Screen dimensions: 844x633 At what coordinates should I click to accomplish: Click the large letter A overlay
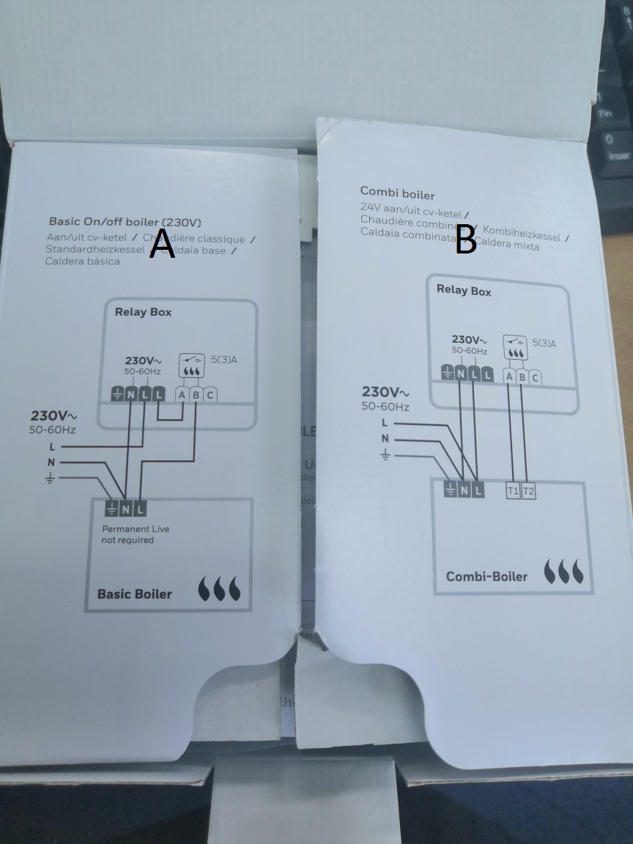click(x=162, y=244)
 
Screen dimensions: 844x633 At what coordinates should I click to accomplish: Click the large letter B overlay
click(x=466, y=240)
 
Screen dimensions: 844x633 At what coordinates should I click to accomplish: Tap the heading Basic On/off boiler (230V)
click(x=125, y=221)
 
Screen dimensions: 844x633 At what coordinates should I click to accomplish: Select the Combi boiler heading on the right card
click(x=397, y=195)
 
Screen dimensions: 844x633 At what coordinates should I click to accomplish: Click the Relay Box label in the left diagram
click(x=143, y=312)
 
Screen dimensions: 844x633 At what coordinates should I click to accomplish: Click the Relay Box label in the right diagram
click(x=464, y=290)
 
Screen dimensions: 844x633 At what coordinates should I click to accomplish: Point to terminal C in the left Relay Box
click(x=211, y=395)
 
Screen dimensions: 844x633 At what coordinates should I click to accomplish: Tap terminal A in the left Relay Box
click(x=182, y=395)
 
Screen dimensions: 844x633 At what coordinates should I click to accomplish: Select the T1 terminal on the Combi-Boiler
click(x=513, y=491)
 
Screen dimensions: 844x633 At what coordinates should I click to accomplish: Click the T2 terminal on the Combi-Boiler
click(x=528, y=491)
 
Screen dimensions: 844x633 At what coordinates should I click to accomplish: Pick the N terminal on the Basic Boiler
click(x=126, y=508)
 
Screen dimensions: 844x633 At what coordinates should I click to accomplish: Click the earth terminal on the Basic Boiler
click(x=111, y=508)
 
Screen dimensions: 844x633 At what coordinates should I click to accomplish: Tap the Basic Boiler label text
click(x=134, y=593)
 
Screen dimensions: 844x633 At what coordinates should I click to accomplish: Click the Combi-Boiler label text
click(x=486, y=577)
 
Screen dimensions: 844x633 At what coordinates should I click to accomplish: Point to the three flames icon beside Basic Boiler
click(x=219, y=590)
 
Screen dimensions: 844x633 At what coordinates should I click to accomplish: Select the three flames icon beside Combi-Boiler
click(x=566, y=571)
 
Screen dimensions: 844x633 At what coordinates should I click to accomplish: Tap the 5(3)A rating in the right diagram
click(x=544, y=343)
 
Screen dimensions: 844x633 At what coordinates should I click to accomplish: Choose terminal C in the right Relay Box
click(x=535, y=377)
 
